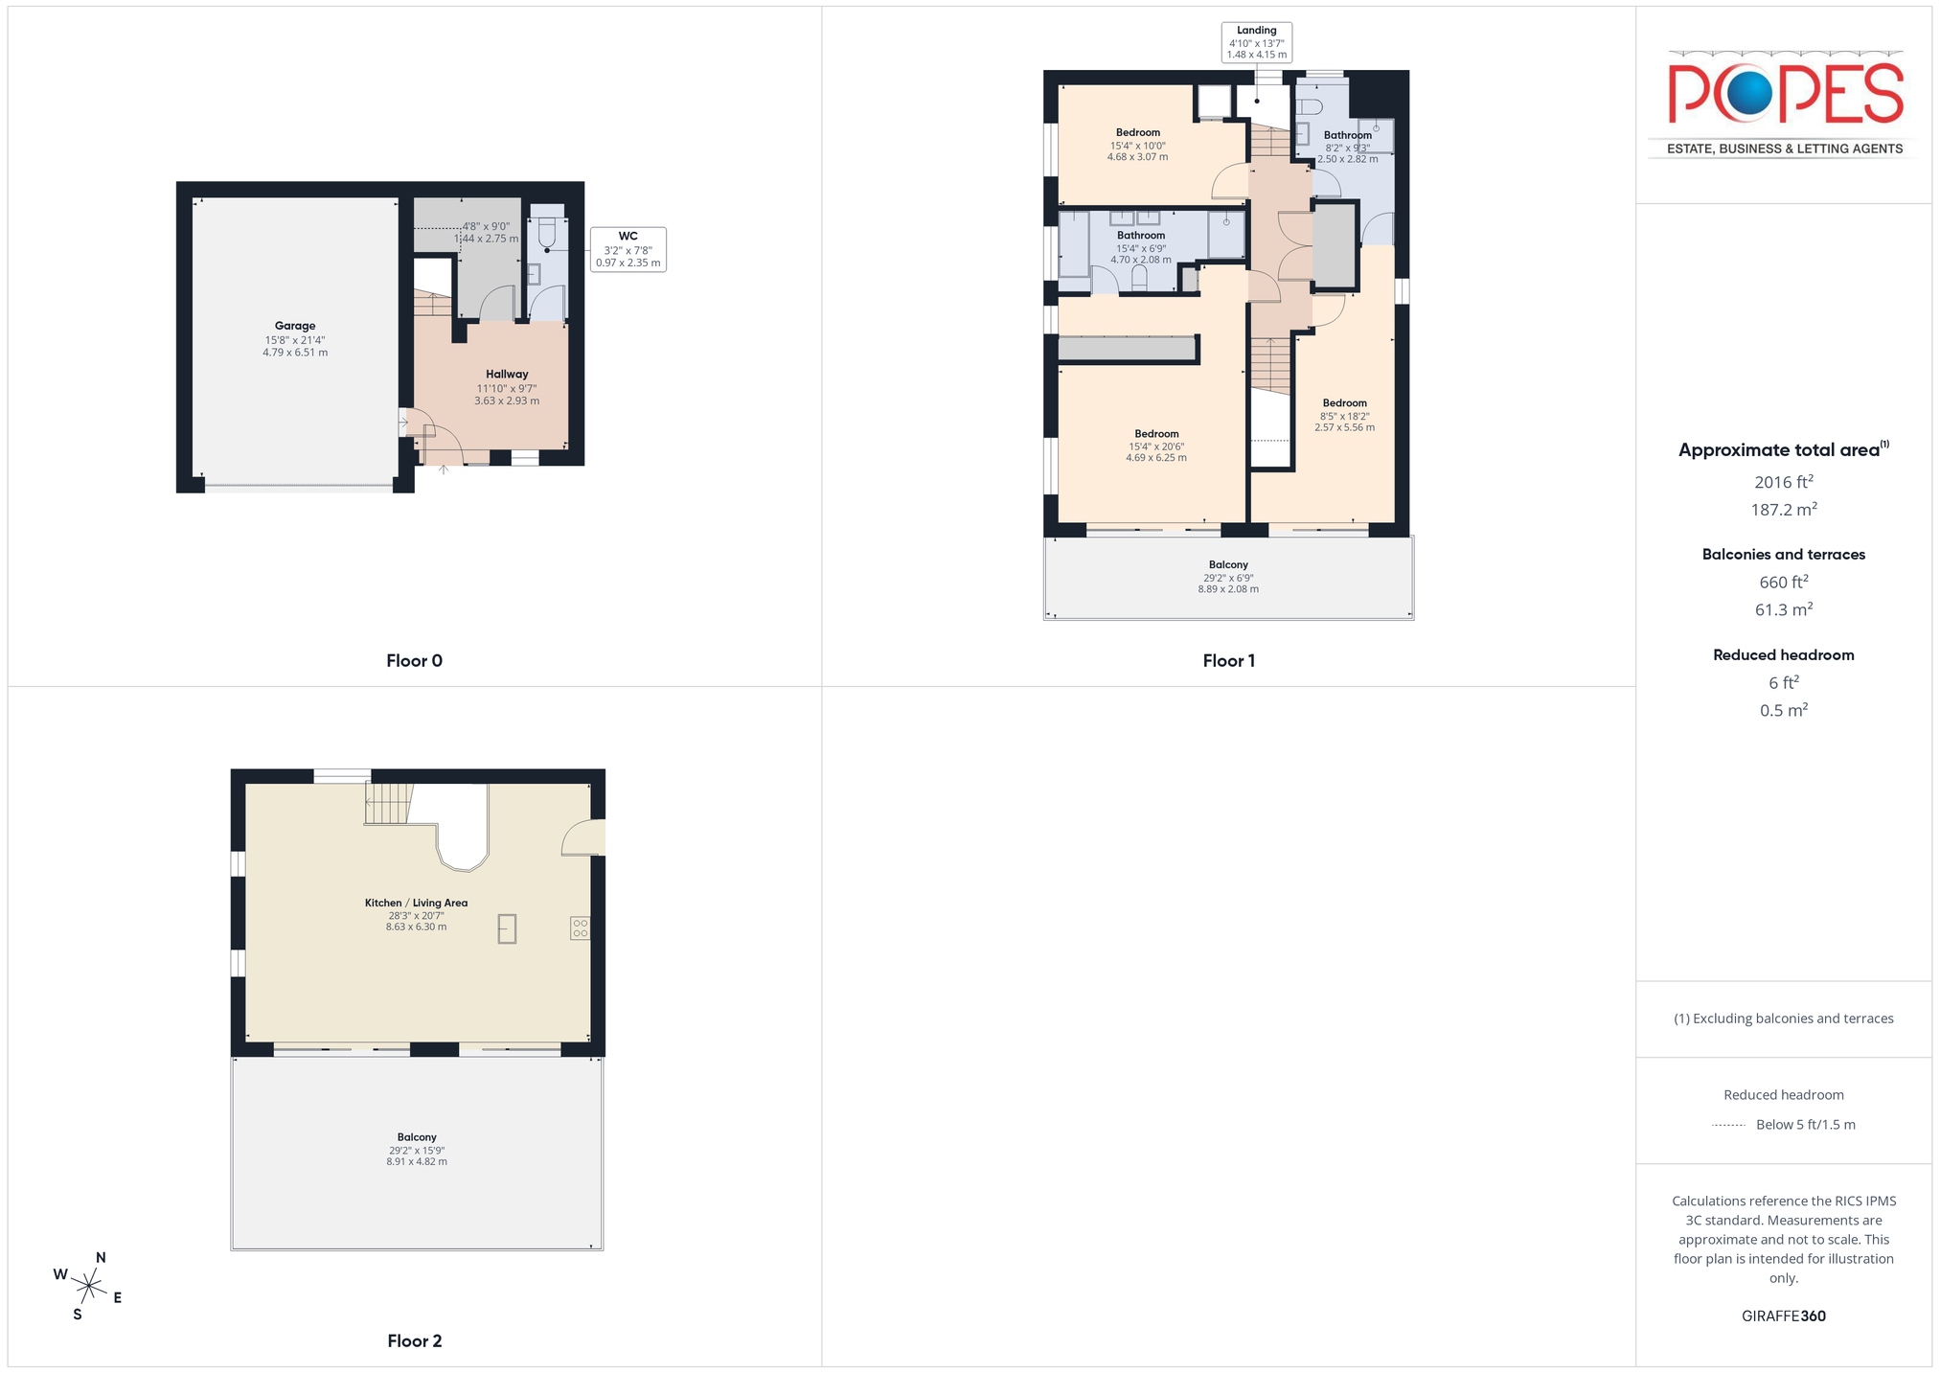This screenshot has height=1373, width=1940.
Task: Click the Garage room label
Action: coord(295,326)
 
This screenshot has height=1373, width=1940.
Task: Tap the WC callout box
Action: coord(628,249)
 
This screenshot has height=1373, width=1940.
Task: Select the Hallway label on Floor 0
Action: coord(507,375)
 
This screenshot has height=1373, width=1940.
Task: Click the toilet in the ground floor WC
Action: coord(547,233)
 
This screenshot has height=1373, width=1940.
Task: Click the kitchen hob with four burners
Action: coord(580,927)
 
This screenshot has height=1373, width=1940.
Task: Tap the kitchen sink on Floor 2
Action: coord(507,928)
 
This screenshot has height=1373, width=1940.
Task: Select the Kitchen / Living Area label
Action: coord(416,903)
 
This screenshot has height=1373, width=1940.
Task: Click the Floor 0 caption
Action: coord(414,660)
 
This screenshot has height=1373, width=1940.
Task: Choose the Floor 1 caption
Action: coord(1228,660)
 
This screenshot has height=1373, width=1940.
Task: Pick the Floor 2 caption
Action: coord(414,1340)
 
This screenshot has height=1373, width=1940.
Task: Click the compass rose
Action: coord(88,1286)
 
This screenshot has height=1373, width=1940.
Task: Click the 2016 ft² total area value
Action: coord(1783,482)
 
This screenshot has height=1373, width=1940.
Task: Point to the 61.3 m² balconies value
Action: coord(1783,609)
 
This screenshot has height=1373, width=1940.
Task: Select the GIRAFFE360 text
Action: coord(1783,1316)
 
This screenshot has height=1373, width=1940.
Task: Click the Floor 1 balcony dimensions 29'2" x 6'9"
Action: coord(1228,578)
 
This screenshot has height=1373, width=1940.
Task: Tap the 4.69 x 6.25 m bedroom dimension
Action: coord(1156,458)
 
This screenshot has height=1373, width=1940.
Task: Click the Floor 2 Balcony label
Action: coord(417,1137)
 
